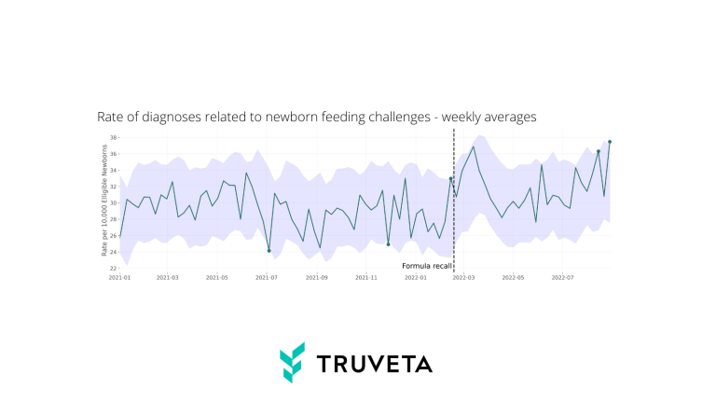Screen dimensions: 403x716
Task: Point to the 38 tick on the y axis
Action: click(113, 138)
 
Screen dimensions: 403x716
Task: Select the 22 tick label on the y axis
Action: click(113, 268)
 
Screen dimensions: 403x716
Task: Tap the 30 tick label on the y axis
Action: click(113, 202)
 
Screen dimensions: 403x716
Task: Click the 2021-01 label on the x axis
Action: click(119, 277)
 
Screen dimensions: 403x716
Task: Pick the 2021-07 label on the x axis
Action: click(268, 277)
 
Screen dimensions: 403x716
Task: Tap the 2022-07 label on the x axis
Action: click(562, 277)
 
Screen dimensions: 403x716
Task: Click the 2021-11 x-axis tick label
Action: click(365, 277)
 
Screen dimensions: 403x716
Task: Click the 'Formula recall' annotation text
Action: click(426, 266)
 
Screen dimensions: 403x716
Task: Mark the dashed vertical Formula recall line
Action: click(453, 224)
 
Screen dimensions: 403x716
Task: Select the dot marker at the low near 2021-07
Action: click(268, 251)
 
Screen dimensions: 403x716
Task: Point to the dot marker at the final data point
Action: click(609, 142)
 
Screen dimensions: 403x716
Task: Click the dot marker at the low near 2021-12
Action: click(388, 244)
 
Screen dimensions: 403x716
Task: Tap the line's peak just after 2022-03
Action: click(474, 146)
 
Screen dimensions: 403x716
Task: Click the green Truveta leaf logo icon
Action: click(293, 362)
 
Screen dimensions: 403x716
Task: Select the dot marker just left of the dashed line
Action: click(450, 179)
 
